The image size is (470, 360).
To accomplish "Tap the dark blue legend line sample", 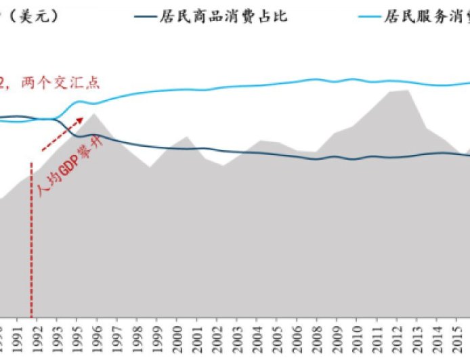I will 152,16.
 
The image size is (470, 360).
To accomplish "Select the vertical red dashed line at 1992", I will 31,237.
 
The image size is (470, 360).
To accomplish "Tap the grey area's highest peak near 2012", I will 408,90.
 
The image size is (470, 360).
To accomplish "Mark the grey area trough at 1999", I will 150,166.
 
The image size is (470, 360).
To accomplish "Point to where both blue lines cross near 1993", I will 54,119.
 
